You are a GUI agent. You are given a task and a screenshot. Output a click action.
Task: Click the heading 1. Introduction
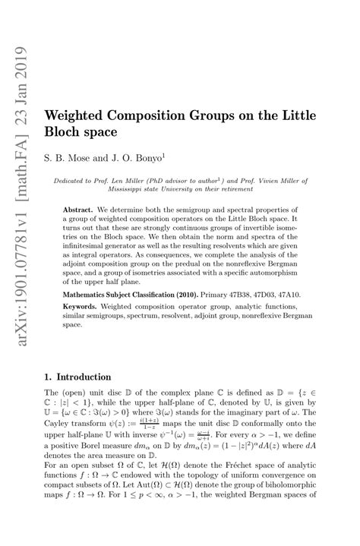tap(78, 377)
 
